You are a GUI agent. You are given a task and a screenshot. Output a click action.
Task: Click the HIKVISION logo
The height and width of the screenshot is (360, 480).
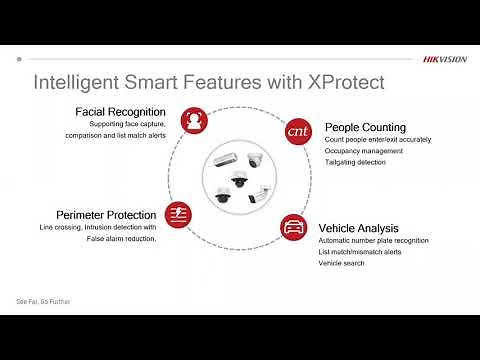point(444,59)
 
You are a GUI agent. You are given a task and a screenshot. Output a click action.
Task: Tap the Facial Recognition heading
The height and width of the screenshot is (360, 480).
point(120,111)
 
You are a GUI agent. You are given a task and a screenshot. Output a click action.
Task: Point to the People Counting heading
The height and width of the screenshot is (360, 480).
point(365,127)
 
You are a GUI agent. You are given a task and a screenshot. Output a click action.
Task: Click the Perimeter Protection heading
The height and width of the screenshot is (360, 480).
point(106,214)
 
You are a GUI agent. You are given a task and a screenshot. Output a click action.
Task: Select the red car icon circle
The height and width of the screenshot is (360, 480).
point(293,225)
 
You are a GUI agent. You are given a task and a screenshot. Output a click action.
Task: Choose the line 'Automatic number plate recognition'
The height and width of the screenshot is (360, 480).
point(373,241)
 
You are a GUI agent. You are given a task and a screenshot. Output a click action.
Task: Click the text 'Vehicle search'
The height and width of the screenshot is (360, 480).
point(341,263)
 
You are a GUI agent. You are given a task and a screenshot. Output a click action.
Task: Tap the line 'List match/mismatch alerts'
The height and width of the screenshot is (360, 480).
point(359,252)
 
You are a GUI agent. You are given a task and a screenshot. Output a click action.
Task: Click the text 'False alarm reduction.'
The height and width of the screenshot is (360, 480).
point(117,238)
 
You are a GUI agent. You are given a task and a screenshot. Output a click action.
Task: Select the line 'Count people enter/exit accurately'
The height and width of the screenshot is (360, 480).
point(378,140)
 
